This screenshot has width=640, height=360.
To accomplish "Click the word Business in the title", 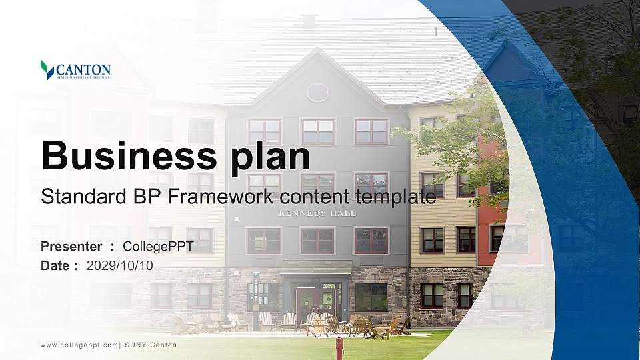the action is point(129,155).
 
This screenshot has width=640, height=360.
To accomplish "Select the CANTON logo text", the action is point(83,70).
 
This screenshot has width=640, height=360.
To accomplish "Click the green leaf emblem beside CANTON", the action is point(47,70).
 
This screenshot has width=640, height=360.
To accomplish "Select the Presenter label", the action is point(71,246).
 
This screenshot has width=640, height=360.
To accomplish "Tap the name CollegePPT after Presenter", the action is point(159,247).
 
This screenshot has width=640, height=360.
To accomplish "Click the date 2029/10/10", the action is point(119,265).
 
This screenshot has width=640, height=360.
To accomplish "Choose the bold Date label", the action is point(55,265).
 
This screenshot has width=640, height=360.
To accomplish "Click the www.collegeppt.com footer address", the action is point(79,345).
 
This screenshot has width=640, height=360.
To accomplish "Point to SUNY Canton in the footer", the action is point(151,345).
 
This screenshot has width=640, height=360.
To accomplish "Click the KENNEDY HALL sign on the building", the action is point(317,213).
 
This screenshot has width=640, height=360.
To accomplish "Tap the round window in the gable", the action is point(317,93).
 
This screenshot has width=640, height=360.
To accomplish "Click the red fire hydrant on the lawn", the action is point(339,348).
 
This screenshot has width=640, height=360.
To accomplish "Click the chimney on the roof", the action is point(309,21).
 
